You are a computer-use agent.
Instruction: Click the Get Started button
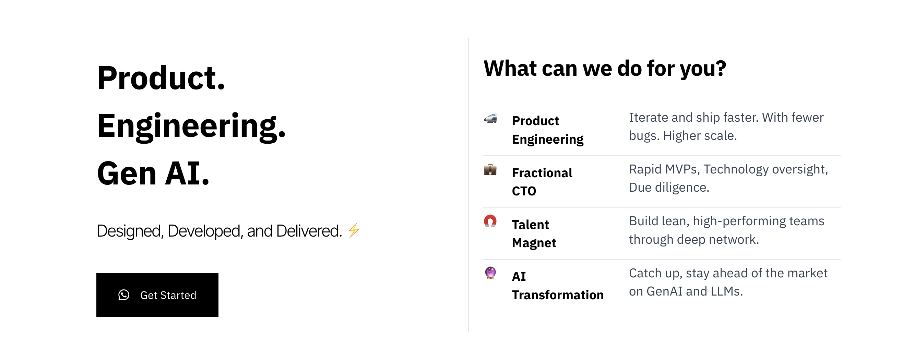(157, 295)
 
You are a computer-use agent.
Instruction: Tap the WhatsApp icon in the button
(123, 295)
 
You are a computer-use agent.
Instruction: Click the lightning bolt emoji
(354, 230)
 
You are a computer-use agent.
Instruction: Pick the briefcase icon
(490, 170)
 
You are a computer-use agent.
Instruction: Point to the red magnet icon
(490, 221)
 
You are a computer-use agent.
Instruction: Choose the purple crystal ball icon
(490, 273)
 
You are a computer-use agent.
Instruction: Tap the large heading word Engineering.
(191, 127)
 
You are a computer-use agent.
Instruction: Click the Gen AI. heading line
(153, 173)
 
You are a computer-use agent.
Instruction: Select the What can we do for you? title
(605, 69)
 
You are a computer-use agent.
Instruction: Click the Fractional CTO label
(542, 182)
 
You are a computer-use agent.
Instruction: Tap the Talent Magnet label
(534, 233)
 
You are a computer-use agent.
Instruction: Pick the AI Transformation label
(558, 285)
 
